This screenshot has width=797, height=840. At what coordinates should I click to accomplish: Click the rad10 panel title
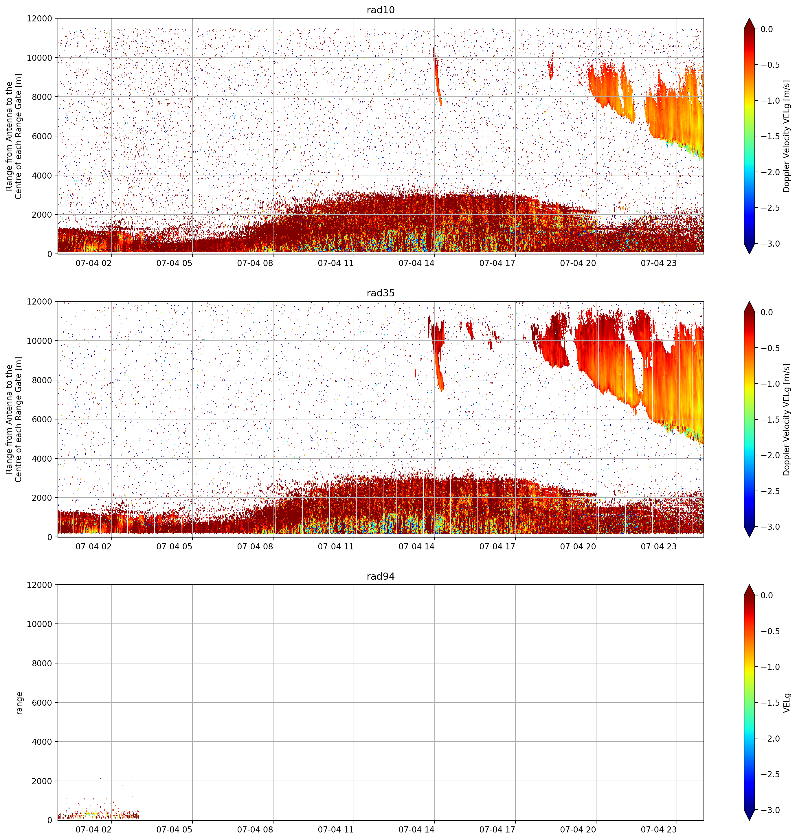pos(381,10)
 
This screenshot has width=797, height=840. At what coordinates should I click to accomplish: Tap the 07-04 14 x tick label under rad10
pos(416,263)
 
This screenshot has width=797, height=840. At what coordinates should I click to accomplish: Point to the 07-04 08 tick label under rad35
pos(255,546)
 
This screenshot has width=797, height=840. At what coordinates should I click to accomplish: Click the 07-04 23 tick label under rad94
pos(658,829)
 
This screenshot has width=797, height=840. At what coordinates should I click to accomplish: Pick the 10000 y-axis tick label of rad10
pos(40,58)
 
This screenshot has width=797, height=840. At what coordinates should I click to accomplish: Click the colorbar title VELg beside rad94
pos(787,703)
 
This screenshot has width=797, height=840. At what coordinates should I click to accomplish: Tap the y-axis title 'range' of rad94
pos(19,703)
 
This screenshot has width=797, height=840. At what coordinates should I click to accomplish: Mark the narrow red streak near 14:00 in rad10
pos(437,76)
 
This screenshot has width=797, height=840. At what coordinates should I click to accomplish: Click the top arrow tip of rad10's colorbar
pos(750,18)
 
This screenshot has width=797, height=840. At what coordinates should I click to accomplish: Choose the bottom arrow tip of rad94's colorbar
pos(750,820)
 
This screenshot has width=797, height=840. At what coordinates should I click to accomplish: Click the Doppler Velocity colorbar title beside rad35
pos(787,419)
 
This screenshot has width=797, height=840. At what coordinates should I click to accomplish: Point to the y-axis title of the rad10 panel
pos(14,136)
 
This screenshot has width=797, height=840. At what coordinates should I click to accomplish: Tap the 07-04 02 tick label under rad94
pos(93,829)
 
